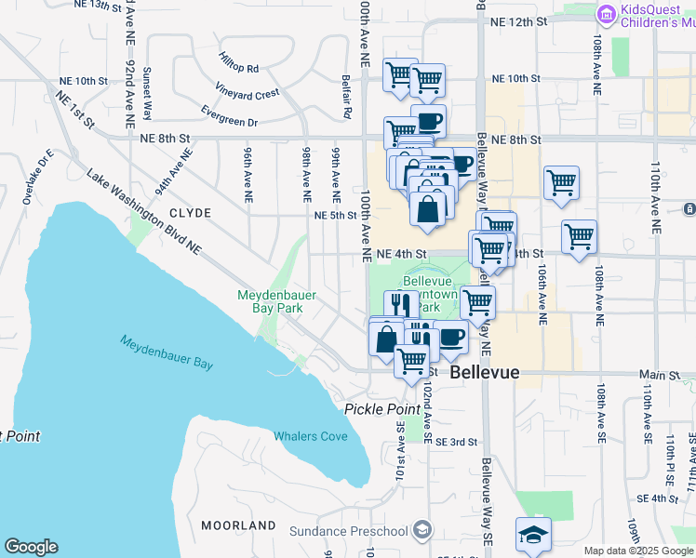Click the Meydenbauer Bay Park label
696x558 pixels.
click(276, 301)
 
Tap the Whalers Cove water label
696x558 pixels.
click(310, 435)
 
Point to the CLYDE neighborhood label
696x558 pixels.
click(190, 213)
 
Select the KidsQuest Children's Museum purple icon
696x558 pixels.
click(607, 16)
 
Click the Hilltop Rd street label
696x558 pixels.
click(239, 68)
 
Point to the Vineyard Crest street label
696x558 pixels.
click(248, 94)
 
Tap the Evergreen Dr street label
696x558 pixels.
click(229, 122)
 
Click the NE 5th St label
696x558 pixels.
click(334, 216)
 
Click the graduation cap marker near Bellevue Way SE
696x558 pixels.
click(534, 536)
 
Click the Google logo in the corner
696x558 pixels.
click(31, 547)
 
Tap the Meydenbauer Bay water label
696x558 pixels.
click(167, 352)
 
